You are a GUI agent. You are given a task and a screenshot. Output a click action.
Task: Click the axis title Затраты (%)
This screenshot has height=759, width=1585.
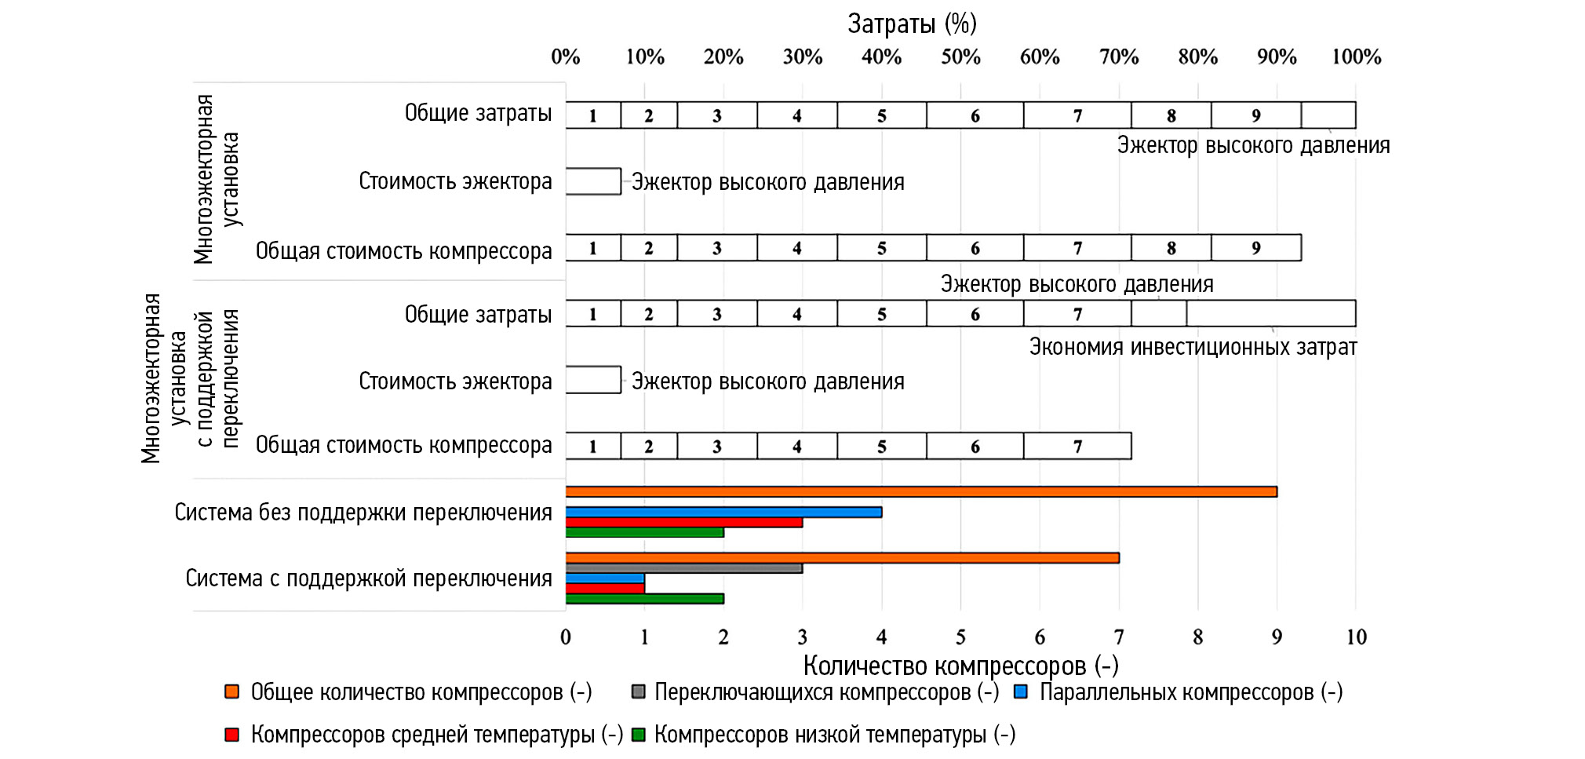click(912, 24)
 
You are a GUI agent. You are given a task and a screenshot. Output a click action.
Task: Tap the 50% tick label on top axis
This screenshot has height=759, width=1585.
click(960, 57)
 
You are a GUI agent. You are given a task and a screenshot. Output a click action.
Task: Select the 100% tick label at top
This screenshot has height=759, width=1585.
click(1356, 57)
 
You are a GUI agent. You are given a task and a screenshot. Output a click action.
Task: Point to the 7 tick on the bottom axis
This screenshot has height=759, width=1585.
click(1119, 637)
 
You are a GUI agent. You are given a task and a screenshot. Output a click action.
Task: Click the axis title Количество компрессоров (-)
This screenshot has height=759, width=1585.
click(960, 666)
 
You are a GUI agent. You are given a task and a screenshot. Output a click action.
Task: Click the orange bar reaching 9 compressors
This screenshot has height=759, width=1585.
click(921, 492)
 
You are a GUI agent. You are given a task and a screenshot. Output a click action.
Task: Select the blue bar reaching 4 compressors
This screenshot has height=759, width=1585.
click(723, 513)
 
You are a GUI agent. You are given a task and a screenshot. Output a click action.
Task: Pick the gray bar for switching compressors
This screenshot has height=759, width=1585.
click(683, 568)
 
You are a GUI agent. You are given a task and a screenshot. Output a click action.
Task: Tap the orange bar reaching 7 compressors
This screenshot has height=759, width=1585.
click(842, 558)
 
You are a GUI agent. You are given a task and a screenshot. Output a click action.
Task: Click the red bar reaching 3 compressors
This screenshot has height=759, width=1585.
click(683, 523)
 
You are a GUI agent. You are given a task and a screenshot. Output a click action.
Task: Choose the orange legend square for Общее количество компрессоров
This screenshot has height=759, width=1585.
click(231, 692)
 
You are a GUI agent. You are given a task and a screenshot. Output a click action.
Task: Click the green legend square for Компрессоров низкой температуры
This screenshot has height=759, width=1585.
click(639, 735)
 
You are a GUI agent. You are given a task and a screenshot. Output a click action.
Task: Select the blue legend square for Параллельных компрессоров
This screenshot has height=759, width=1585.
click(1021, 692)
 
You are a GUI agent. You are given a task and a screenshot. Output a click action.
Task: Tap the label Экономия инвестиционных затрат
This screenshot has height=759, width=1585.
click(1193, 348)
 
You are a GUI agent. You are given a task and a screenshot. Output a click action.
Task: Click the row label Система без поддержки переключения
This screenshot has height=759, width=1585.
click(363, 513)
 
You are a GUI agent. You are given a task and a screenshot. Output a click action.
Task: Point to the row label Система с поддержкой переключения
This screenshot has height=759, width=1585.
click(369, 579)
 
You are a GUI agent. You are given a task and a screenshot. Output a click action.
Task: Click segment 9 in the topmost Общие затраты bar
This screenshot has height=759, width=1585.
click(1255, 115)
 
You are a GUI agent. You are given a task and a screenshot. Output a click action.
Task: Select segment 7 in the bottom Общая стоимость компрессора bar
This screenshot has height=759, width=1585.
click(1077, 447)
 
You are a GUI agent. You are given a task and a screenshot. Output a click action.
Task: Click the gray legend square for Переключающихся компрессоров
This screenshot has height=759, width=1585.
click(639, 692)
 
